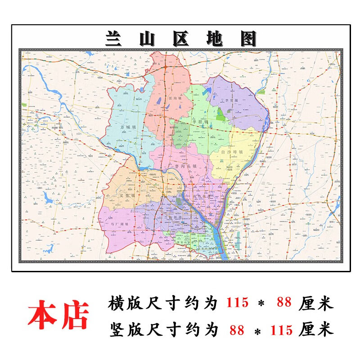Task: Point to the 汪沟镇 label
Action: [x=174, y=97]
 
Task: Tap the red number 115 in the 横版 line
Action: [x=237, y=303]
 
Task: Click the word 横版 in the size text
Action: [x=123, y=303]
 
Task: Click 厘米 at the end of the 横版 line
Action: [x=316, y=303]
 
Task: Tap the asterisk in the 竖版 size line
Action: [x=257, y=332]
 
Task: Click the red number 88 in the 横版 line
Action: [x=284, y=303]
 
